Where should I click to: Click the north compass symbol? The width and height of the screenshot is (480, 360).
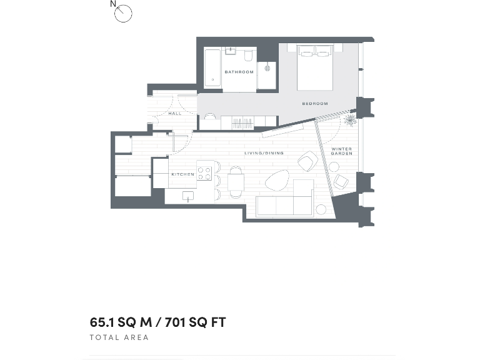point(123,13)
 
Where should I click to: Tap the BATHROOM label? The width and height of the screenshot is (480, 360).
point(239,72)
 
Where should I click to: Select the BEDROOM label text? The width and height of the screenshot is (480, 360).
point(314,104)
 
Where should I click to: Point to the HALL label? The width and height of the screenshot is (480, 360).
point(175,114)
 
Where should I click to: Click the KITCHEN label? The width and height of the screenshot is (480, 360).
point(183,174)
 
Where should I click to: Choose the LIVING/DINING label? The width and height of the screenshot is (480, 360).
point(264,153)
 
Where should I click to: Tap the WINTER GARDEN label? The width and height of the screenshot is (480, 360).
point(342,151)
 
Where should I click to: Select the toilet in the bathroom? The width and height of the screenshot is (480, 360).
point(249,56)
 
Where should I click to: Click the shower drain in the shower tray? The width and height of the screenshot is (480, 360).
point(267,67)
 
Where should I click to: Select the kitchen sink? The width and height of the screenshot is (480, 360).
point(187,196)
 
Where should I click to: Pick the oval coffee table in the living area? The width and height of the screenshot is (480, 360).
point(277,182)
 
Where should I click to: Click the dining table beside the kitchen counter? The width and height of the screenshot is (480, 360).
point(236,182)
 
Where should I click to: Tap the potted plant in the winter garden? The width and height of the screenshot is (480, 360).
point(351,119)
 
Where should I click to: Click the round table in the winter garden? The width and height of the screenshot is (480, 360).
point(334,167)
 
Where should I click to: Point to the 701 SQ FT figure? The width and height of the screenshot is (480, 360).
point(196,322)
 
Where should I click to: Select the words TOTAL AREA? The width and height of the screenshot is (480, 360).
point(119,337)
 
